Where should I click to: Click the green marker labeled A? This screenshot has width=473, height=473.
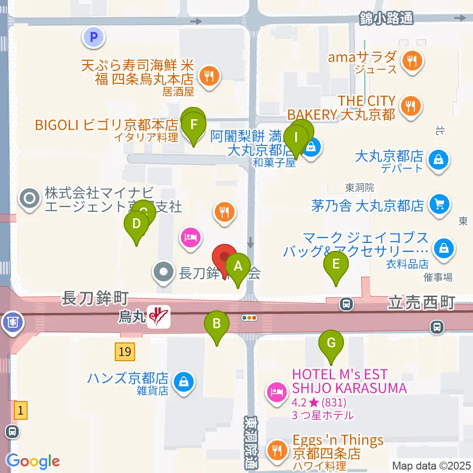click(238, 267)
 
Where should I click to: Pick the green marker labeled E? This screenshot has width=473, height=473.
click(336, 265)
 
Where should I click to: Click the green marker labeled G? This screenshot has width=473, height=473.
click(332, 343)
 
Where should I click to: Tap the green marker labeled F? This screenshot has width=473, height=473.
click(194, 124)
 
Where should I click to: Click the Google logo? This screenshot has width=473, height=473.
click(33, 461)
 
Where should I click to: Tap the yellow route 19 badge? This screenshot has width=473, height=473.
click(125, 352)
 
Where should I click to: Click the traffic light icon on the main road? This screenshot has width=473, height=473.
click(249, 318)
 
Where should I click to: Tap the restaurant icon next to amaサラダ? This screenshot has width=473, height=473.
click(410, 61)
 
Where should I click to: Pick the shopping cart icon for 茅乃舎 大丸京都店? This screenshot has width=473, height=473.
click(438, 203)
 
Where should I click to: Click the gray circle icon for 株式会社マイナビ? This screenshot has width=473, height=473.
click(29, 199)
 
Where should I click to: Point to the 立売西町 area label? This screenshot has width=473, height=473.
click(421, 302)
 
